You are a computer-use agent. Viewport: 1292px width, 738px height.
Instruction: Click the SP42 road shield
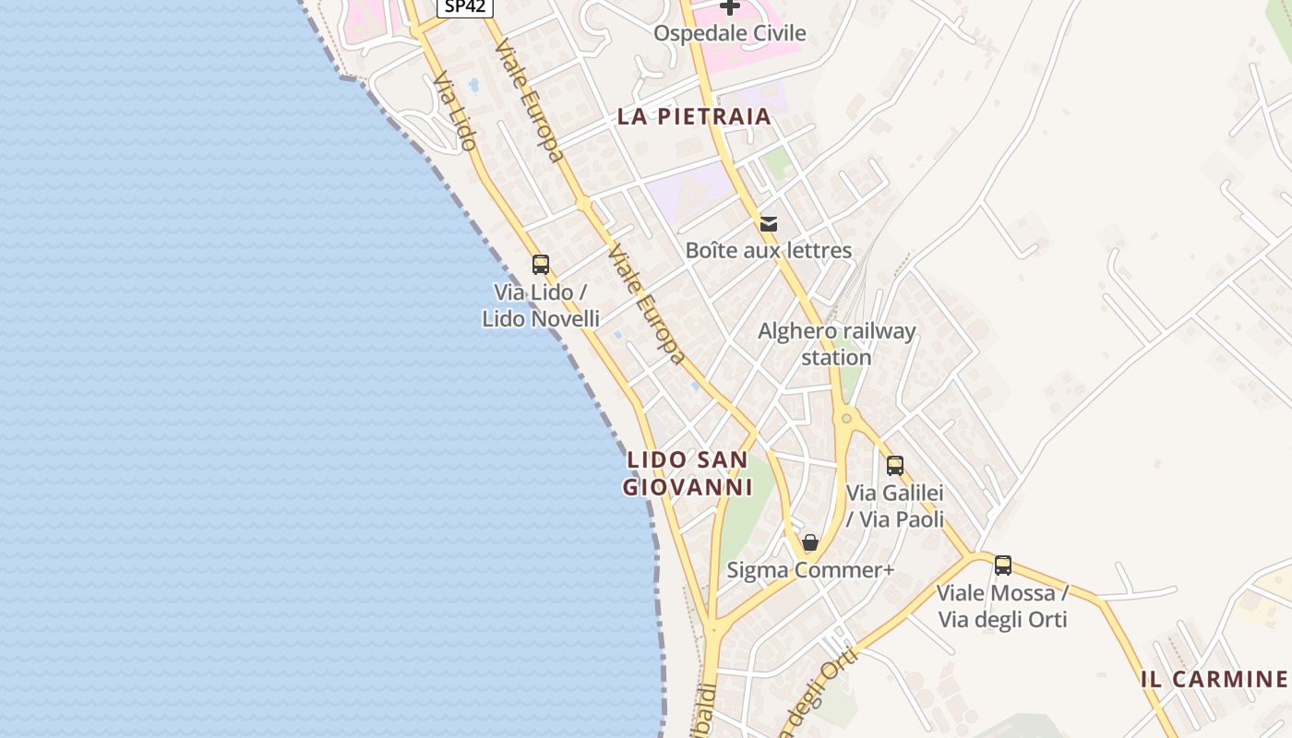pos(465,6)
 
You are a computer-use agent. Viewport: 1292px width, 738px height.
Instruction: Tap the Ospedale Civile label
pos(730,33)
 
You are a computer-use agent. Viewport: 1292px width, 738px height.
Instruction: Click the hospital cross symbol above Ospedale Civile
pos(730,7)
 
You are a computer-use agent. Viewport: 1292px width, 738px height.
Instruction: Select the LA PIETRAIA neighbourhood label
pos(694,116)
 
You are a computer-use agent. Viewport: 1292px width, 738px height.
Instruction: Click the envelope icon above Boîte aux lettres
pos(768,223)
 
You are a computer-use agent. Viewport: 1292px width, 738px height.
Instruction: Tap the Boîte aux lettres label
pos(768,250)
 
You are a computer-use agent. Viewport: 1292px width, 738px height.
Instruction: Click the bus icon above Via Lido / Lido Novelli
pos(541,265)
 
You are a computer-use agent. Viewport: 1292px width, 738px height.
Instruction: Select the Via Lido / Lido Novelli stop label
pos(541,305)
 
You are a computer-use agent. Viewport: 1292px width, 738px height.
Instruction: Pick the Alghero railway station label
pos(837,344)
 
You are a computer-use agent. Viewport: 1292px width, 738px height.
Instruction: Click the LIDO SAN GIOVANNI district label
pos(688,473)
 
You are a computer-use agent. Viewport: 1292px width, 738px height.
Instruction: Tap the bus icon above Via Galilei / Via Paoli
pos(894,466)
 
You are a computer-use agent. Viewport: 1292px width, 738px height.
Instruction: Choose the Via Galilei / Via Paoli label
pos(895,506)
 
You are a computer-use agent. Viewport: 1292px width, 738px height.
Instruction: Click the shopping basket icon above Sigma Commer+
pos(810,542)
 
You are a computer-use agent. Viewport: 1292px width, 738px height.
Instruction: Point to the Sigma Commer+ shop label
pos(810,570)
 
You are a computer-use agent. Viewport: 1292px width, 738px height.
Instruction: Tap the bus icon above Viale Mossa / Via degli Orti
pos(1003,565)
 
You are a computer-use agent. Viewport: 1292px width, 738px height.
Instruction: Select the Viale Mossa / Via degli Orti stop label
pos(1003,605)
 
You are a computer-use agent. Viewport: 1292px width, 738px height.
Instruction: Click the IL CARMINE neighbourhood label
pos(1214,680)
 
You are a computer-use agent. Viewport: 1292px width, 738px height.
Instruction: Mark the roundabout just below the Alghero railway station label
pos(846,419)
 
